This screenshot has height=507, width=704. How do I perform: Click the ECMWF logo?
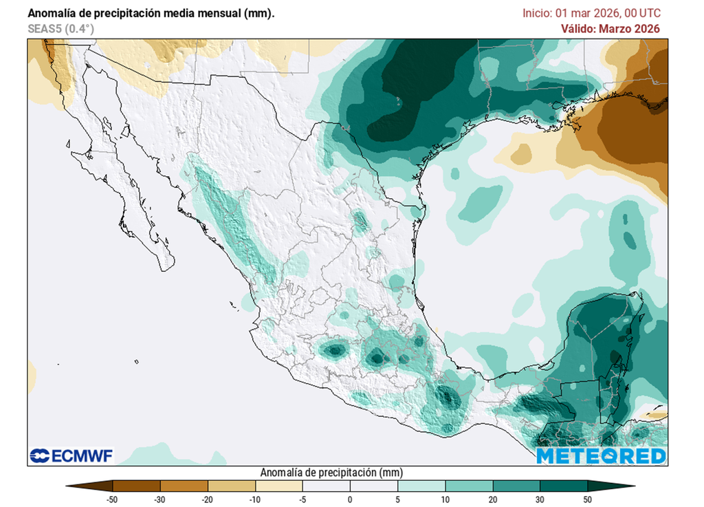pyautogui.click(x=71, y=455)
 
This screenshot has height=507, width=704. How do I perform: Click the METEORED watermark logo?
pyautogui.click(x=601, y=455)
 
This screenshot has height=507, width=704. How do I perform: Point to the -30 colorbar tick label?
pyautogui.click(x=159, y=499)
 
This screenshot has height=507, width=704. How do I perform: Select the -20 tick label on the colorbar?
pyautogui.click(x=207, y=499)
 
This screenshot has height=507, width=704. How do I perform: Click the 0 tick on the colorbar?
pyautogui.click(x=350, y=499)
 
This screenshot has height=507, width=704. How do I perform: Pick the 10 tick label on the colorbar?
pyautogui.click(x=445, y=499)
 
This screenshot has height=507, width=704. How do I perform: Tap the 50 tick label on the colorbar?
pyautogui.click(x=588, y=499)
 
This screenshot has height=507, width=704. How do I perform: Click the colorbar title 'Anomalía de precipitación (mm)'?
pyautogui.click(x=331, y=473)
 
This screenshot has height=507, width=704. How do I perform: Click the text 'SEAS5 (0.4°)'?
pyautogui.click(x=60, y=29)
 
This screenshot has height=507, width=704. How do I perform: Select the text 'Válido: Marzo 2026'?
pyautogui.click(x=610, y=29)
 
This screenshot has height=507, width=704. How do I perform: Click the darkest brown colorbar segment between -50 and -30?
pyautogui.click(x=136, y=486)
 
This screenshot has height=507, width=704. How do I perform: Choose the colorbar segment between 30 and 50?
pyautogui.click(x=564, y=486)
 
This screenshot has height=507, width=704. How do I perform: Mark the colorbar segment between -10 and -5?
pyautogui.click(x=278, y=486)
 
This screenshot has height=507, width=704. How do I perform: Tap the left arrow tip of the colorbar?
pyautogui.click(x=68, y=486)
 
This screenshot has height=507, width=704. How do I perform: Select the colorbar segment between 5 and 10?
pyautogui.click(x=421, y=486)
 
